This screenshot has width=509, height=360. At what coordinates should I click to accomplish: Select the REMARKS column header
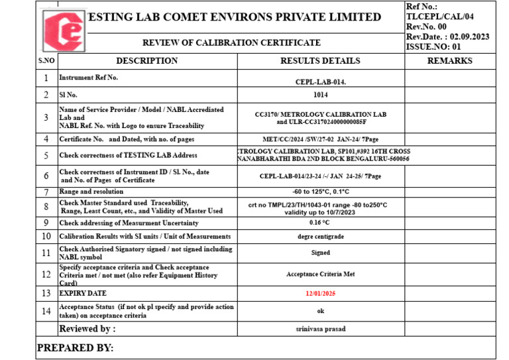coord(449,61)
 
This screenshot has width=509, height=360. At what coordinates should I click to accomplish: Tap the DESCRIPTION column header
coord(147,61)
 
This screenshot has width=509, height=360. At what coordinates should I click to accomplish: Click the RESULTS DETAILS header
coord(320,61)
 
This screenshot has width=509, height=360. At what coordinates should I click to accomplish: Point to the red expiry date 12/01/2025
coord(321,292)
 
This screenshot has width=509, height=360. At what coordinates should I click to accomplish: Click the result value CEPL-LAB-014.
coord(321,82)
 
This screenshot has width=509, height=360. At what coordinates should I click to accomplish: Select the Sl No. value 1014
coord(321,95)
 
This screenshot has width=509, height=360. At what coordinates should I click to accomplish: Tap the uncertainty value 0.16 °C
coord(321,222)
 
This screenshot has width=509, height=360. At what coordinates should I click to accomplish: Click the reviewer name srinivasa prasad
coord(321,329)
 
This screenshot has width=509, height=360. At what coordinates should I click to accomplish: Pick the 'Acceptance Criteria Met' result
coord(321,273)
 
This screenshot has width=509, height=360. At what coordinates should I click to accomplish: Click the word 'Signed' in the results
coord(321,253)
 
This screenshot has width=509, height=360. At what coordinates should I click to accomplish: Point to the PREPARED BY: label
coord(75,348)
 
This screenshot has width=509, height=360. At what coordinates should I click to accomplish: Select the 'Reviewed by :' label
coord(87,329)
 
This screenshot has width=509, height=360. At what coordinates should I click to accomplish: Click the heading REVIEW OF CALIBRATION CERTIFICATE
coord(231,42)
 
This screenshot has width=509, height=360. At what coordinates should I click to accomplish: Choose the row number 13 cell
coord(46,292)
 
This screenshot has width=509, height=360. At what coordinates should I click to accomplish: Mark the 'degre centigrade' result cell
coord(321,236)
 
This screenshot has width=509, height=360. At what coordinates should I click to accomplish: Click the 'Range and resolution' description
coord(91,192)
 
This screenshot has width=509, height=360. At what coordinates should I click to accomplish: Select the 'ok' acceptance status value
coord(321,311)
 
